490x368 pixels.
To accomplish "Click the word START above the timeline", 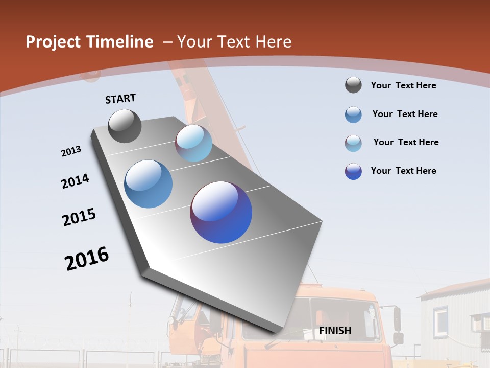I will click(120, 99).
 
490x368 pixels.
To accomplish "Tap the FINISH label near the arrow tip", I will click(335, 331).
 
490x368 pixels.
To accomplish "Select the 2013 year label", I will click(71, 151).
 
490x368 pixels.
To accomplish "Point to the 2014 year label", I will click(75, 181).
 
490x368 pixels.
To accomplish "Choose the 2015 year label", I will click(79, 217).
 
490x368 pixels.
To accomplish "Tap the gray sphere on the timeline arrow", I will click(125, 126).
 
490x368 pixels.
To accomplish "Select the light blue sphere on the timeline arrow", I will click(193, 143).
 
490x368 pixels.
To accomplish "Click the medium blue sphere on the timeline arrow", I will click(149, 184).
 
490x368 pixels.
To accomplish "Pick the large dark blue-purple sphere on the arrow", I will click(221, 212).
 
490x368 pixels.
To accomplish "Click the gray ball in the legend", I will click(353, 85).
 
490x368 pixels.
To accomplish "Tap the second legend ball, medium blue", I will click(353, 114).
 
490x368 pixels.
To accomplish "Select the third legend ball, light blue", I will click(353, 143).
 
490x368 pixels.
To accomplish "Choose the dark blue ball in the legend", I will click(353, 171).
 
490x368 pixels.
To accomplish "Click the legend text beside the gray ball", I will click(403, 85).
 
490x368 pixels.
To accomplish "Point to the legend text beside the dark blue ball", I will click(403, 171).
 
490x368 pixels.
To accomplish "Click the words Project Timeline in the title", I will click(89, 42).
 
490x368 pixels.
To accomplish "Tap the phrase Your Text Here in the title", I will click(234, 42).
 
